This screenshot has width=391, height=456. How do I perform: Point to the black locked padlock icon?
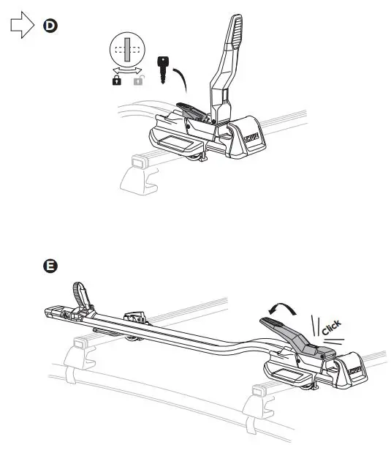click(116, 81)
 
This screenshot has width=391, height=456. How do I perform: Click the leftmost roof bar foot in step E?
click(79, 355)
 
